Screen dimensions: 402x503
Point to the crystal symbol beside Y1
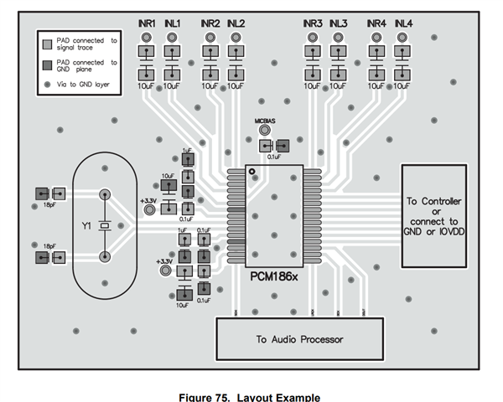[104, 226]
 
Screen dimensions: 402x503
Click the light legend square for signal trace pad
[48, 39]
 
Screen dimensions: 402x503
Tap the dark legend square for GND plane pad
[48, 62]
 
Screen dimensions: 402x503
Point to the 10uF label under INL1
[172, 85]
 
